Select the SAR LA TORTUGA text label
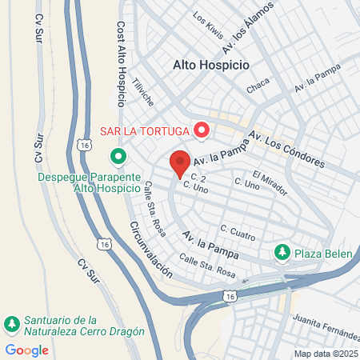pyautogui.click(x=144, y=130)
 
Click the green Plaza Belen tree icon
pyautogui.click(x=282, y=253)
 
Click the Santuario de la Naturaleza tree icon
pyautogui.click(x=12, y=324)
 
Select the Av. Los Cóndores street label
pyautogui.click(x=285, y=149)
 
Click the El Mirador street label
pyautogui.click(x=268, y=179)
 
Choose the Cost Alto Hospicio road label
pyautogui.click(x=122, y=64)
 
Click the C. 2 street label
pyautogui.click(x=199, y=177)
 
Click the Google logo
pyautogui.click(x=26, y=350)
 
